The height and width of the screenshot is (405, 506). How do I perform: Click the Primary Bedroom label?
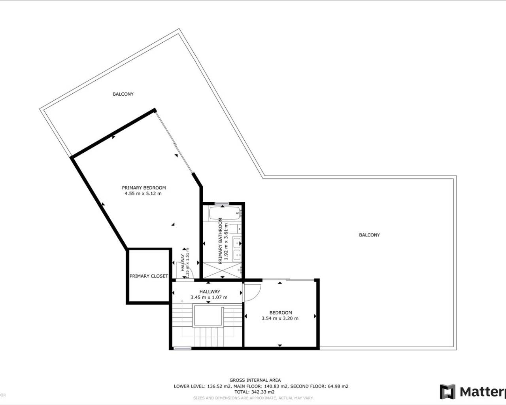pos(143,188)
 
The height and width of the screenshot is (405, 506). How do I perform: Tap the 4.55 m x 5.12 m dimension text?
pos(143,194)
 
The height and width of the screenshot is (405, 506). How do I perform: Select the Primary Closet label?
pos(149,276)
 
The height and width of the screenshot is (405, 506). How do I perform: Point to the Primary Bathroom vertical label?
pos(221,241)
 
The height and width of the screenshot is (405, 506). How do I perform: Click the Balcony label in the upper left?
pos(123,94)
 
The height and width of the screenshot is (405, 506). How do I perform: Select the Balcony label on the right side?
pos(369,235)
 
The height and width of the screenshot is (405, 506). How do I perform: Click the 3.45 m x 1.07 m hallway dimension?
pos(209,297)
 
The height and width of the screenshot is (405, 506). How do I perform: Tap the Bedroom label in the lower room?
pos(281,312)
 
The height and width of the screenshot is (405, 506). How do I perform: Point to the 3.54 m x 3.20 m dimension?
pos(280,318)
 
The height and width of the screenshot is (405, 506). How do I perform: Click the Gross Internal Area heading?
pos(255,380)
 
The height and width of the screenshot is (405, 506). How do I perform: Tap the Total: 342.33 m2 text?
pos(255,392)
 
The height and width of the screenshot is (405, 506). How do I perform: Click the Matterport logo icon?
pos(447,392)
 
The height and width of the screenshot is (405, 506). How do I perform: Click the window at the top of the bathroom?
pos(222,204)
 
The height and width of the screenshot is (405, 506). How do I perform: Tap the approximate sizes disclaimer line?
pos(253,398)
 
